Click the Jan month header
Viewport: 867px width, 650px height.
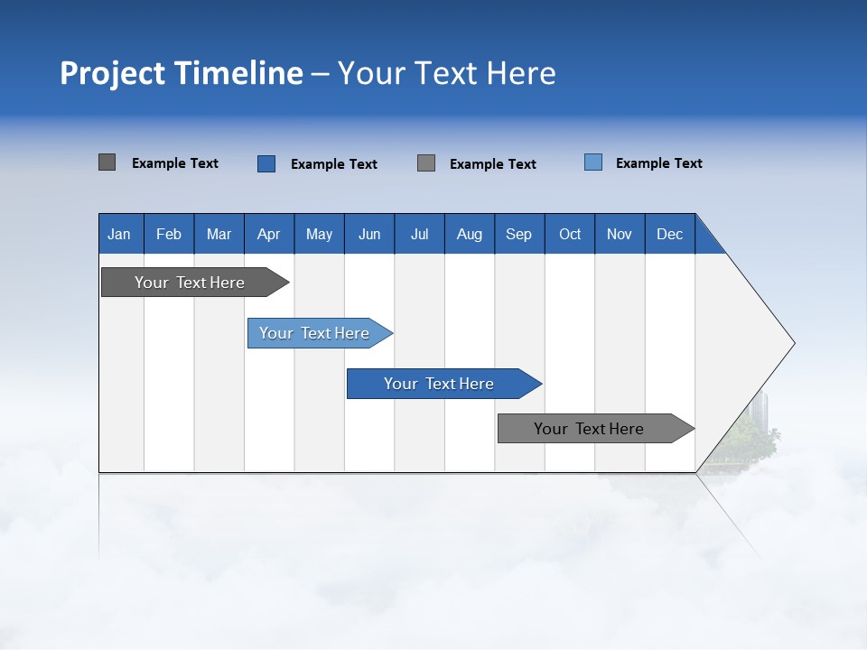(120, 234)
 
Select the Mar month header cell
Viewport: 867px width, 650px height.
(219, 234)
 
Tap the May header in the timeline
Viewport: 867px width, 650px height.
(319, 234)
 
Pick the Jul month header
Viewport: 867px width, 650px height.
(419, 234)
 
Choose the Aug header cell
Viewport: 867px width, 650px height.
(469, 234)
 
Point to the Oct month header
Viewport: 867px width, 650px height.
(570, 234)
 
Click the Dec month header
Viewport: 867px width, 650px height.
(669, 234)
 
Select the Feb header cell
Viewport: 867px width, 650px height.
(169, 234)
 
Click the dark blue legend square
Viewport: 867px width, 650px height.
(266, 163)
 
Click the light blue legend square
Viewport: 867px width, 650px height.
(593, 162)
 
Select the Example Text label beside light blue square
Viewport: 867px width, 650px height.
(658, 163)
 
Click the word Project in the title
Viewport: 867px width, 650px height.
(112, 73)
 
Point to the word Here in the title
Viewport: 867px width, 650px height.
(521, 73)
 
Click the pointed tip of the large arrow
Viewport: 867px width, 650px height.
(792, 343)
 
